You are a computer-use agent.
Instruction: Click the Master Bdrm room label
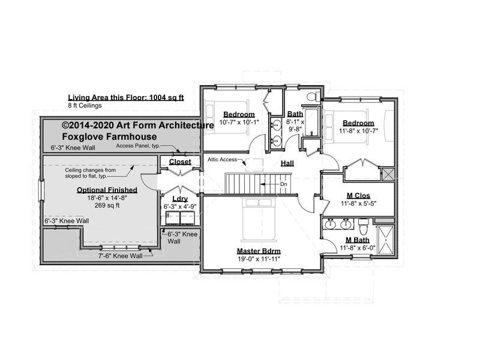[259, 251]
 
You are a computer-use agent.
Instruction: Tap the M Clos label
[358, 196]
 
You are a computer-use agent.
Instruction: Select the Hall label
[287, 163]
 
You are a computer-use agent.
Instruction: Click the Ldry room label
[180, 199]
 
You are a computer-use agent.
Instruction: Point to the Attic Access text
[222, 160]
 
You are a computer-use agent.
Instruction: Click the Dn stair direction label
[283, 184]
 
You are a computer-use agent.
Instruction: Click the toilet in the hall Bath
[313, 95]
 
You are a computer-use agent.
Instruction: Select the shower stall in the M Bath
[386, 241]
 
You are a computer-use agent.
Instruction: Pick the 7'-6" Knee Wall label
[121, 256]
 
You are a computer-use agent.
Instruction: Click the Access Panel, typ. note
[138, 146]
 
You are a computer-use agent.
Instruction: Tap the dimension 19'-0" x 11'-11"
[259, 259]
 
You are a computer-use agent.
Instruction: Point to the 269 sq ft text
[107, 205]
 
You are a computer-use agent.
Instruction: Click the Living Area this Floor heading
[126, 98]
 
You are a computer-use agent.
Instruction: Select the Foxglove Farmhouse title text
[109, 137]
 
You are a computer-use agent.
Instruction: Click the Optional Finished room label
[107, 190]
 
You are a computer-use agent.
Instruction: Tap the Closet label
[180, 161]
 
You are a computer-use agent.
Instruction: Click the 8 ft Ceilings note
[85, 106]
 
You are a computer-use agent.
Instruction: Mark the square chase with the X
[388, 173]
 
